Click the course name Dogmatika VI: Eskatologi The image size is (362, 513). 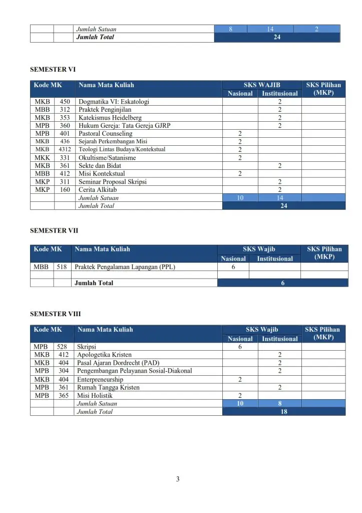[114, 102]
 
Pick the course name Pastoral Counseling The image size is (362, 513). [105, 134]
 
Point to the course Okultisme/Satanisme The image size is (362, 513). [107, 158]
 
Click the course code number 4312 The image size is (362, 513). [65, 149]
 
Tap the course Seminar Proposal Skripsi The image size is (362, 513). [112, 182]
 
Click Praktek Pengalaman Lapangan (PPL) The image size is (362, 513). [125, 267]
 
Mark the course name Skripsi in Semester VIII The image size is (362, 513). [86, 347]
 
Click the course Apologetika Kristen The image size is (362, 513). [104, 355]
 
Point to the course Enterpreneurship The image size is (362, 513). [100, 379]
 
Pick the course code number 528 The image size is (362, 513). [64, 347]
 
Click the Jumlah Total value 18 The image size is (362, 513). [283, 412]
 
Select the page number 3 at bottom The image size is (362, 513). [178, 479]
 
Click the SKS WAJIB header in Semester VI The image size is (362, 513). [261, 85]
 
